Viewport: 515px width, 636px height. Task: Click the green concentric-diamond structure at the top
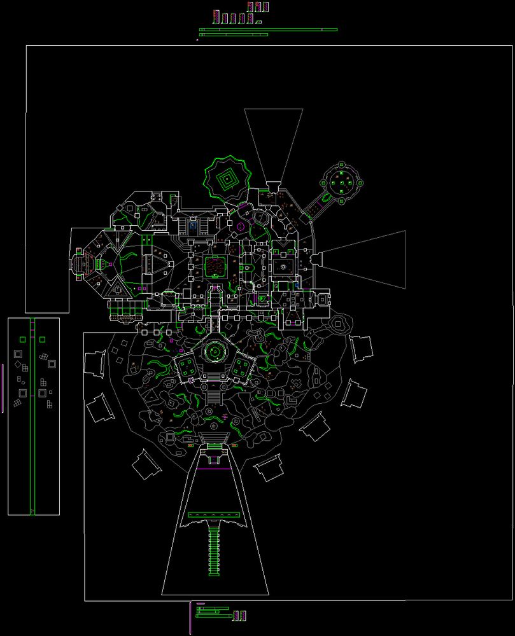[227, 179]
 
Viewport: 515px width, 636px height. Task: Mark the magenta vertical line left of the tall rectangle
[3, 388]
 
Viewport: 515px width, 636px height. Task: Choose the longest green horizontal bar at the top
[268, 29]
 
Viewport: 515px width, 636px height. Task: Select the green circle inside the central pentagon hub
[215, 352]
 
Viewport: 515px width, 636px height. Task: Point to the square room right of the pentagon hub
[242, 367]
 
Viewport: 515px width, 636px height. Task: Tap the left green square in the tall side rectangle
[23, 338]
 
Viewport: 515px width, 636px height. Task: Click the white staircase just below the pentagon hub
[214, 397]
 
